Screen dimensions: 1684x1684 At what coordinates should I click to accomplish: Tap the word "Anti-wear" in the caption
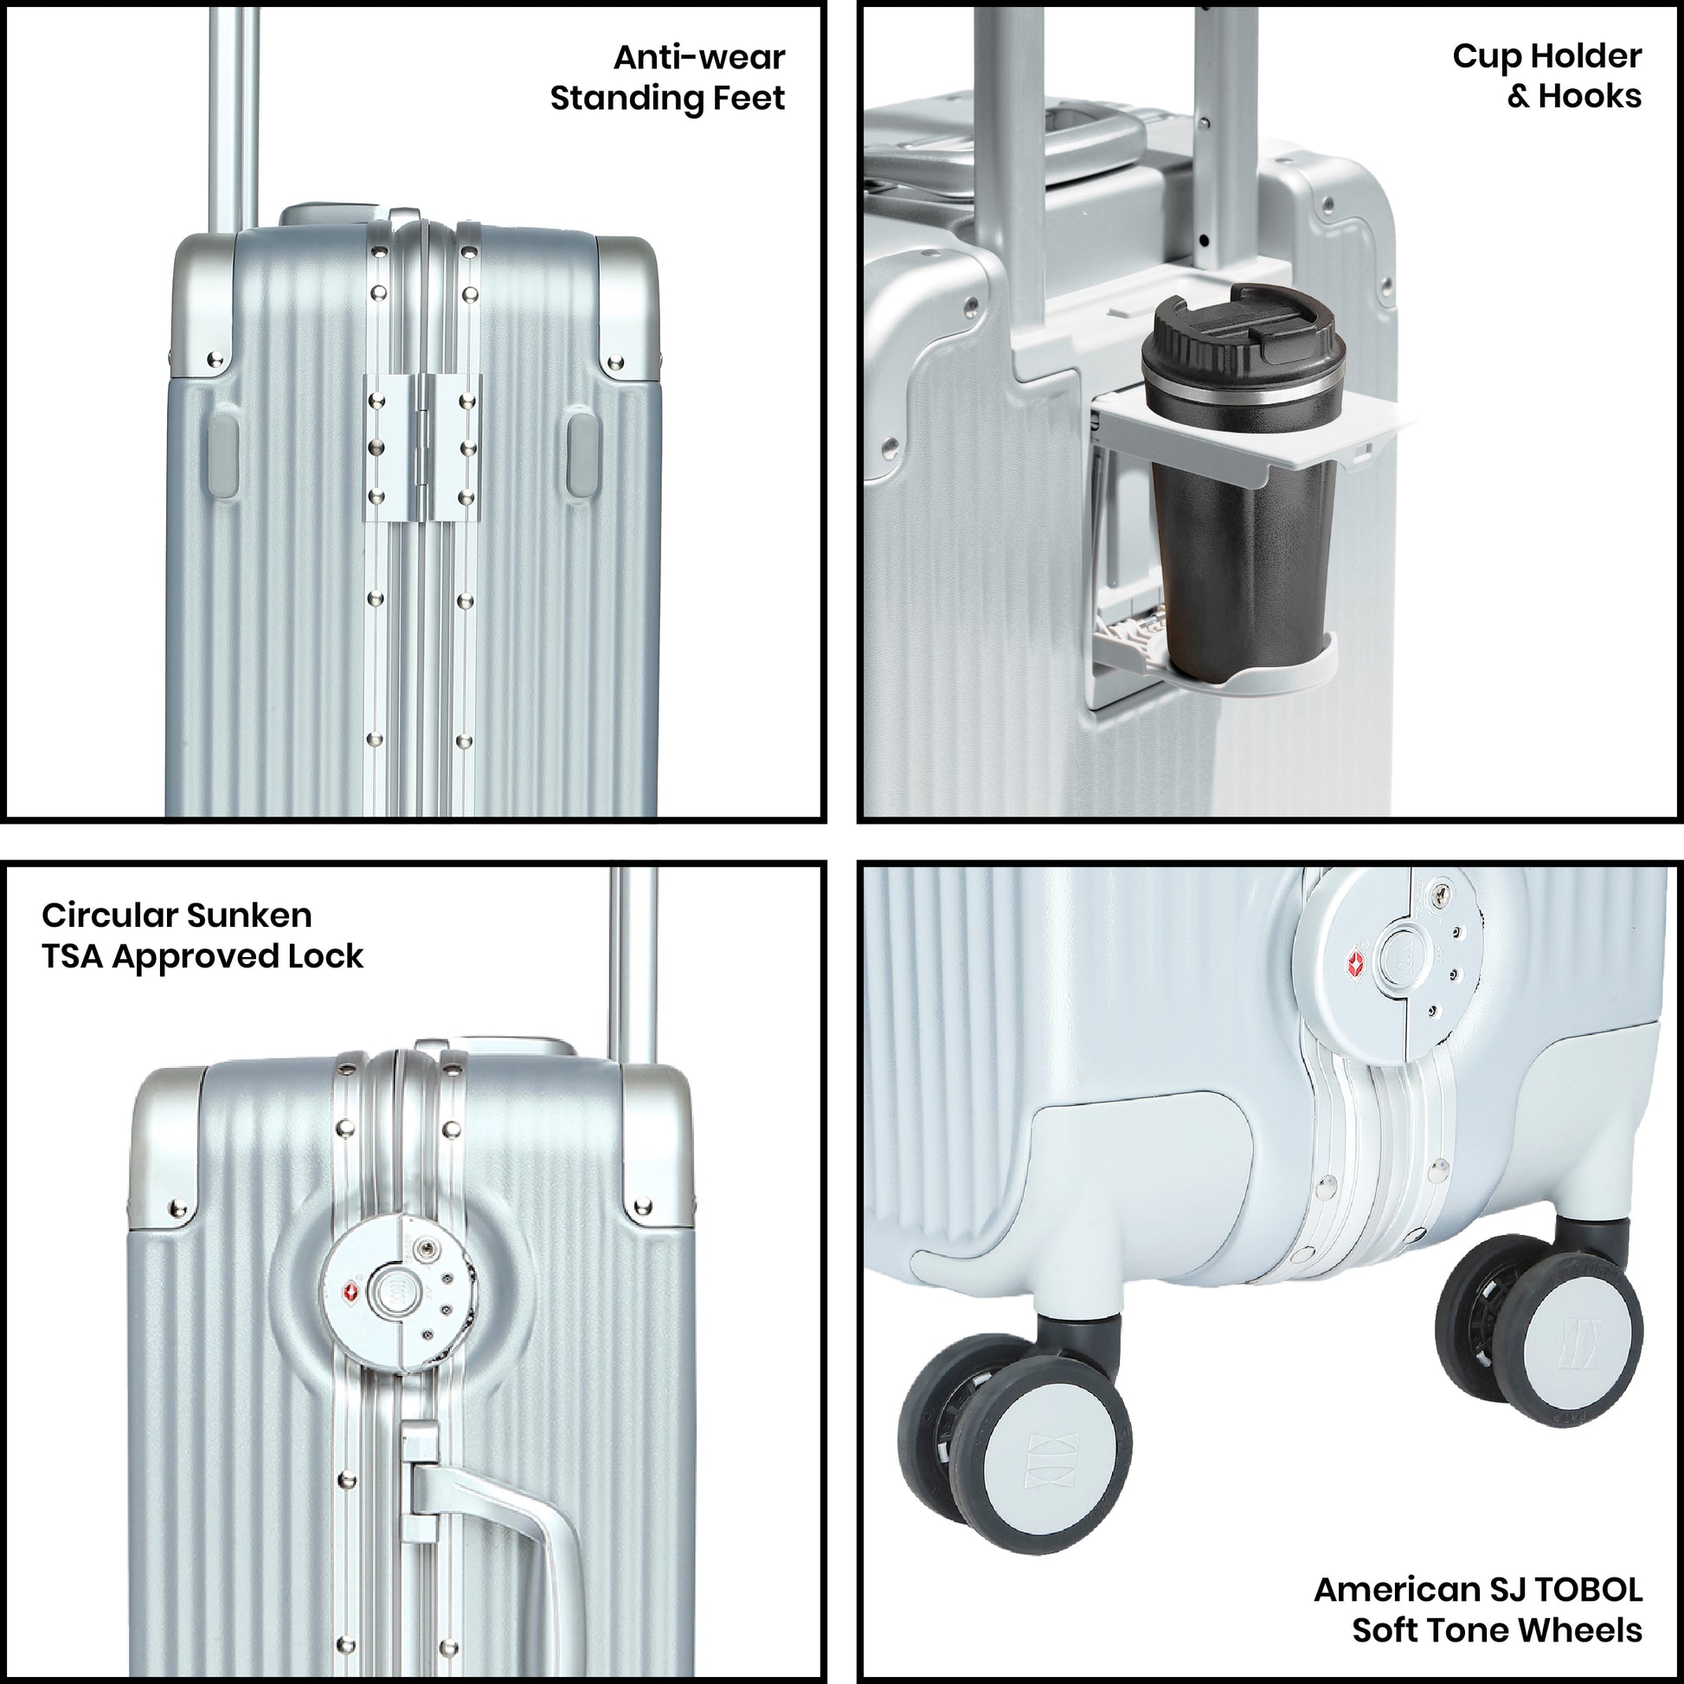[699, 57]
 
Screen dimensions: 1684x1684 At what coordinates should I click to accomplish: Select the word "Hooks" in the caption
[1589, 96]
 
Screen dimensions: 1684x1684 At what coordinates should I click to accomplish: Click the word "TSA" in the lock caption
[73, 956]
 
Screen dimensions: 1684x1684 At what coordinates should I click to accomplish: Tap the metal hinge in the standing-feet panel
[423, 449]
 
